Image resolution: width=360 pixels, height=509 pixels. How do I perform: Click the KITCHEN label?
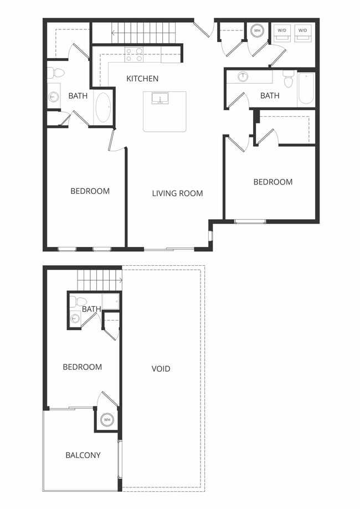coord(142,79)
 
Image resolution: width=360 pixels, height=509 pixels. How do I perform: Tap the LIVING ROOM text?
coord(177,193)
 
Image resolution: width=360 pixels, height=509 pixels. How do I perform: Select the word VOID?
coord(161,368)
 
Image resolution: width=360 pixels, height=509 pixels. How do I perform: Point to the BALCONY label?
coord(83,455)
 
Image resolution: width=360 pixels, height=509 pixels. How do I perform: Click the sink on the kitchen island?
coord(160,100)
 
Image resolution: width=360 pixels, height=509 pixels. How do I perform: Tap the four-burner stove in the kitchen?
coord(133,54)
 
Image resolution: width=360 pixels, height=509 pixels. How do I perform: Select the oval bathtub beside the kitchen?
coord(103,107)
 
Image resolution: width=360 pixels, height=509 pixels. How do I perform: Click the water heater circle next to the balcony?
coord(106,419)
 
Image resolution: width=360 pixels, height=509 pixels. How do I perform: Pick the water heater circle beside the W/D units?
coord(257,31)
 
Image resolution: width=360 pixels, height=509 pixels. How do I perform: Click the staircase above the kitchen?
coord(144,32)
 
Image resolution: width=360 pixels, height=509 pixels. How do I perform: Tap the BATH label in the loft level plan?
coord(91,309)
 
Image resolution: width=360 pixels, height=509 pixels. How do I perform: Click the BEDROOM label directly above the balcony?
coord(82,367)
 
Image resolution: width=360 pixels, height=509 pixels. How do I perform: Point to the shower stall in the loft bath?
coord(111,301)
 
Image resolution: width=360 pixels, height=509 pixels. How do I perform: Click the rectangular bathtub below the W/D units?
coord(306,89)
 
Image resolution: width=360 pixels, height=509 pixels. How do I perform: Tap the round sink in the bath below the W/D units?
coord(243,77)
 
